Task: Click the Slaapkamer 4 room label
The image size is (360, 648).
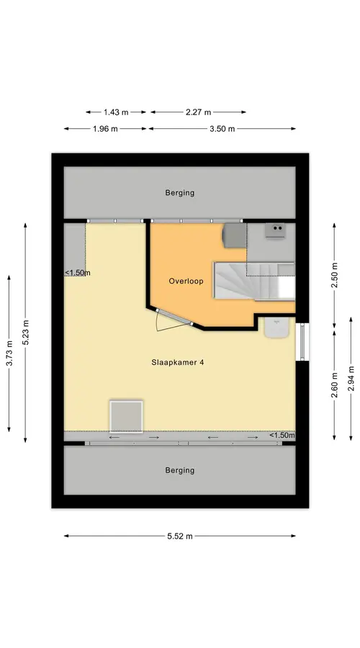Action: point(178,362)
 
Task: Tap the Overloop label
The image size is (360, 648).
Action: point(186,281)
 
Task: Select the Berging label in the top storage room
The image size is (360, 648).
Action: point(180,192)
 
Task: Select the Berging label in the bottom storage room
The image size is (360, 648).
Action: point(180,470)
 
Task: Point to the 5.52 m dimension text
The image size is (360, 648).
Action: point(180,536)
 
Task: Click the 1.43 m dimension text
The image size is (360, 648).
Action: point(116,112)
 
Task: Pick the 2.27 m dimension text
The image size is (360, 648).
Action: point(199,112)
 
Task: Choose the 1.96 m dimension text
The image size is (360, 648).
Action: point(105,129)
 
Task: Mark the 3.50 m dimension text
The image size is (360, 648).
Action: point(222,129)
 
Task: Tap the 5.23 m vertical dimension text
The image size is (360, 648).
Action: point(26,332)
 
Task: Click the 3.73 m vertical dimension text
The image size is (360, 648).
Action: point(9,353)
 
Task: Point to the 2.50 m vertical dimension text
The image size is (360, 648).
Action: point(334,275)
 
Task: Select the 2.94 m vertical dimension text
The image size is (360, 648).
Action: point(351,378)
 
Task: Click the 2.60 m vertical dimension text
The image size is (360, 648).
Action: point(334,384)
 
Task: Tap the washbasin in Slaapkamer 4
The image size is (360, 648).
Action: point(276,328)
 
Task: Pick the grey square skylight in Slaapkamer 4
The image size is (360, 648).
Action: point(126,416)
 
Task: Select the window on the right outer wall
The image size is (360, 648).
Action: point(302,342)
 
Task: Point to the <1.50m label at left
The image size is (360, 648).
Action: point(77,273)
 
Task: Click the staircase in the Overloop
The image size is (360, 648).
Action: point(253,281)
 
